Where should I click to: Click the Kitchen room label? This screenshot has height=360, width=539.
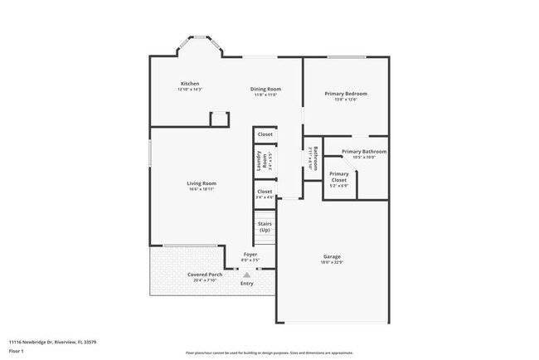pos(190,84)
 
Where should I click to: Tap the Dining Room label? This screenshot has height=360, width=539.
pos(265,89)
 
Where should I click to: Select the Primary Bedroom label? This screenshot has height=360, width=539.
pos(345,94)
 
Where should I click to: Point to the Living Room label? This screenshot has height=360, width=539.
pos(201,183)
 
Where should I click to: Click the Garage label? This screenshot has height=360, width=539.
pos(332,257)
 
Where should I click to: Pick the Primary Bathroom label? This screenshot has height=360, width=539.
pos(364,152)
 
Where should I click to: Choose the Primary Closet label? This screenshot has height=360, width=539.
pos(339,177)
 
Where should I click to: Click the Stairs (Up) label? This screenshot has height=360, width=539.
pos(265,226)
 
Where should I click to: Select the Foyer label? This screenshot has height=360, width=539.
pos(250,254)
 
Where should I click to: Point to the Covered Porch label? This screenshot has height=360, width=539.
pos(204,275)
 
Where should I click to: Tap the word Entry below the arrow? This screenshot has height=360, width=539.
pos(246,284)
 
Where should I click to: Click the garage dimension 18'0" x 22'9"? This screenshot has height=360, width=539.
pos(332,263)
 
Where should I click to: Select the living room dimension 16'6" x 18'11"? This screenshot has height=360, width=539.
pos(201,189)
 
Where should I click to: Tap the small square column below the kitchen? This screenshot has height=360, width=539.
pos(219,119)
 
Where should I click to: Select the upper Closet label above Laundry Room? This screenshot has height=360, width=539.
pos(265,134)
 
